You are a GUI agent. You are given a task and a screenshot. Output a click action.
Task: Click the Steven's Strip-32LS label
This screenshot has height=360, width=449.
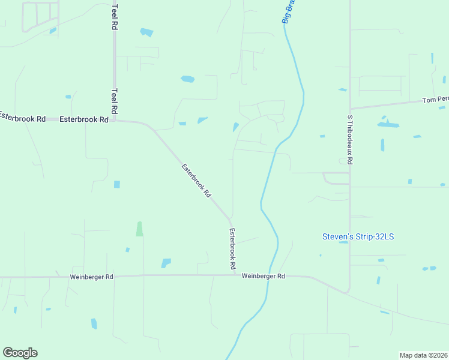click(x=358, y=236)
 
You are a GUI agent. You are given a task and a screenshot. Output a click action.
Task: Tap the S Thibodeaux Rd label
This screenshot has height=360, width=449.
click(x=350, y=140)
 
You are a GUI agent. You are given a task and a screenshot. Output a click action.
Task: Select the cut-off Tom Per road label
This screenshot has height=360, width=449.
click(x=435, y=100)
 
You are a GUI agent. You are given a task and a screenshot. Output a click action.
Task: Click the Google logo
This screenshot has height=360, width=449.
click(x=20, y=352)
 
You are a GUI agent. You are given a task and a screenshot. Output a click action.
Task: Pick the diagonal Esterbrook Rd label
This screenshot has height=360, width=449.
click(x=197, y=181)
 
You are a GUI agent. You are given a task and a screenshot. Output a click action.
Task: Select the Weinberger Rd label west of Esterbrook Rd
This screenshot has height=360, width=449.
click(x=91, y=277)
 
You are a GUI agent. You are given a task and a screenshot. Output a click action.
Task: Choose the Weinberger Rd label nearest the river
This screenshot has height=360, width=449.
click(x=264, y=276)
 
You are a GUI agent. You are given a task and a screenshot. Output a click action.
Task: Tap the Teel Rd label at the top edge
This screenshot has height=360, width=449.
click(x=114, y=16)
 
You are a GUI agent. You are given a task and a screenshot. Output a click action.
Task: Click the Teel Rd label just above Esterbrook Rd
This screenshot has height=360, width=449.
click(x=114, y=102)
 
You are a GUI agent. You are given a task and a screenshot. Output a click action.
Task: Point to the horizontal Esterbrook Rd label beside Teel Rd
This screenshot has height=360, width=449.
click(x=83, y=119)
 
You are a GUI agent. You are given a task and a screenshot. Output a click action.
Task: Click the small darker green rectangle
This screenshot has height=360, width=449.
click(x=139, y=229)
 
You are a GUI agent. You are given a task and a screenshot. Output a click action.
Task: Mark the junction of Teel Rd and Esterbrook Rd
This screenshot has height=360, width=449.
click(x=114, y=120)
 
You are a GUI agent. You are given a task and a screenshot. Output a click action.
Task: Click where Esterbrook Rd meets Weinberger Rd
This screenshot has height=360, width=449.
click(x=232, y=275)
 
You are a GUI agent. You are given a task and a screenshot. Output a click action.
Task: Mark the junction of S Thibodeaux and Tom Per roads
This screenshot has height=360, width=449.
click(x=350, y=109)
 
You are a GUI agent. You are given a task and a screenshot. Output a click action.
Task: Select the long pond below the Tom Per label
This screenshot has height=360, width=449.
click(x=388, y=125)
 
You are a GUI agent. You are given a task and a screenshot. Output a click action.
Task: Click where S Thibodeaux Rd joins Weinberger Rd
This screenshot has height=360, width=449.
click(x=349, y=293)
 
